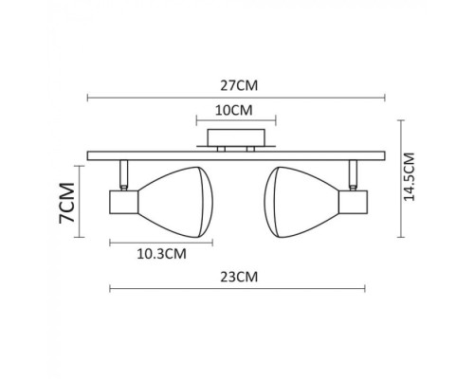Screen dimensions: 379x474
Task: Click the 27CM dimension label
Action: click(x=236, y=84)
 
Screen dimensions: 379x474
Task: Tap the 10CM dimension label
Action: click(x=235, y=109)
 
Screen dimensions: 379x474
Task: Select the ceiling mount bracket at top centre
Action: click(x=236, y=141)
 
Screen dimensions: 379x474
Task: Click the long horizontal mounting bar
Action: click(x=236, y=155)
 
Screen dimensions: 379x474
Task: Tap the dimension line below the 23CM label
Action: click(x=236, y=288)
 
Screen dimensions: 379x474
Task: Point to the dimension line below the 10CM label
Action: click(x=236, y=120)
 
